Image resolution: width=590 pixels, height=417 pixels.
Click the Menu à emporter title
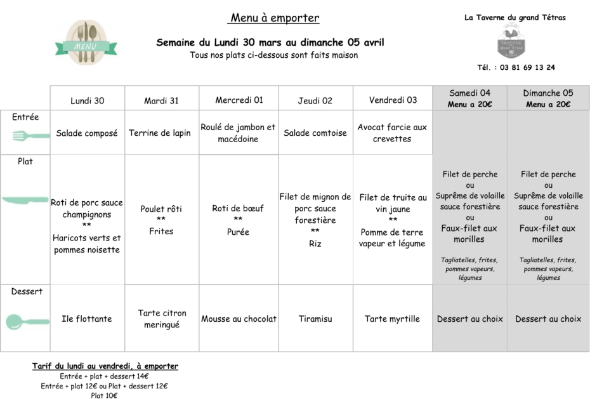click(275, 18)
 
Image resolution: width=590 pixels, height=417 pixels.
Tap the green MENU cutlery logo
click(86, 43)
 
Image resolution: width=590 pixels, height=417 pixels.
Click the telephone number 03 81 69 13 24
click(527, 67)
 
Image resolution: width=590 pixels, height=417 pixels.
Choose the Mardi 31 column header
click(162, 100)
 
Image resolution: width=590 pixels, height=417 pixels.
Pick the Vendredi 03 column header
click(393, 100)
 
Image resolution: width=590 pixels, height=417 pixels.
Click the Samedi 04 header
click(469, 93)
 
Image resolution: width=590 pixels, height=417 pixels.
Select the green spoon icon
click(27, 322)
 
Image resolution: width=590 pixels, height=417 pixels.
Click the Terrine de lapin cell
click(160, 133)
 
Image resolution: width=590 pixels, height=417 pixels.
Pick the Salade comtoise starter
click(315, 133)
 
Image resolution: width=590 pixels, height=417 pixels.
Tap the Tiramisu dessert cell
click(315, 319)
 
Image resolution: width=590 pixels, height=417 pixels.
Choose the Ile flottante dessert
click(87, 319)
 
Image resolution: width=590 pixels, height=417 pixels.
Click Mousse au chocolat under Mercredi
click(239, 319)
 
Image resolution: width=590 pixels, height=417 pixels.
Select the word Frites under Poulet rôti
click(161, 232)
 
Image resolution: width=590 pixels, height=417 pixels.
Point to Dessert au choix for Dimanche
click(547, 319)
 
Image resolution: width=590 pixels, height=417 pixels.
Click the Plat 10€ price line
click(105, 395)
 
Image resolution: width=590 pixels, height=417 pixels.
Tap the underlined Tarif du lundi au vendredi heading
click(105, 366)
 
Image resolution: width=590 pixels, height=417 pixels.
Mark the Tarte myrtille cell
click(392, 319)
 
